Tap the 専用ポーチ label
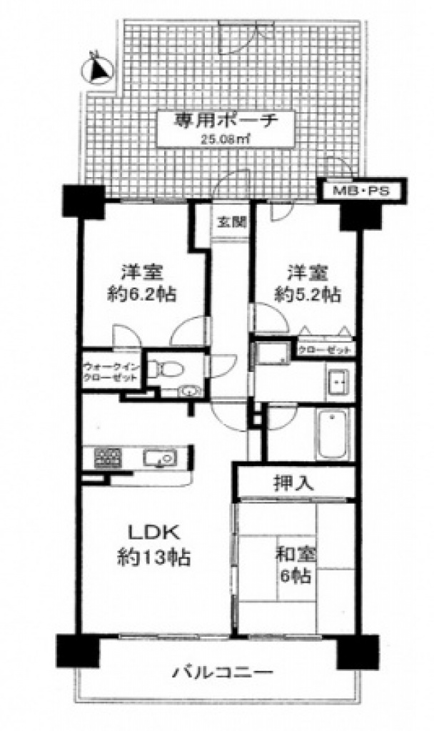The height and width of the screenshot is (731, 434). point(226,122)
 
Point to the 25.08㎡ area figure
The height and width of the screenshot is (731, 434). point(226,138)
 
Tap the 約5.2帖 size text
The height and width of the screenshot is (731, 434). point(307,295)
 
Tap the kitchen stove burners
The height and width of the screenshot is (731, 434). point(108,458)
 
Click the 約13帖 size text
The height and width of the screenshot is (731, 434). point(154,557)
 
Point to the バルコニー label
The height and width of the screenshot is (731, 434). point(223,672)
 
